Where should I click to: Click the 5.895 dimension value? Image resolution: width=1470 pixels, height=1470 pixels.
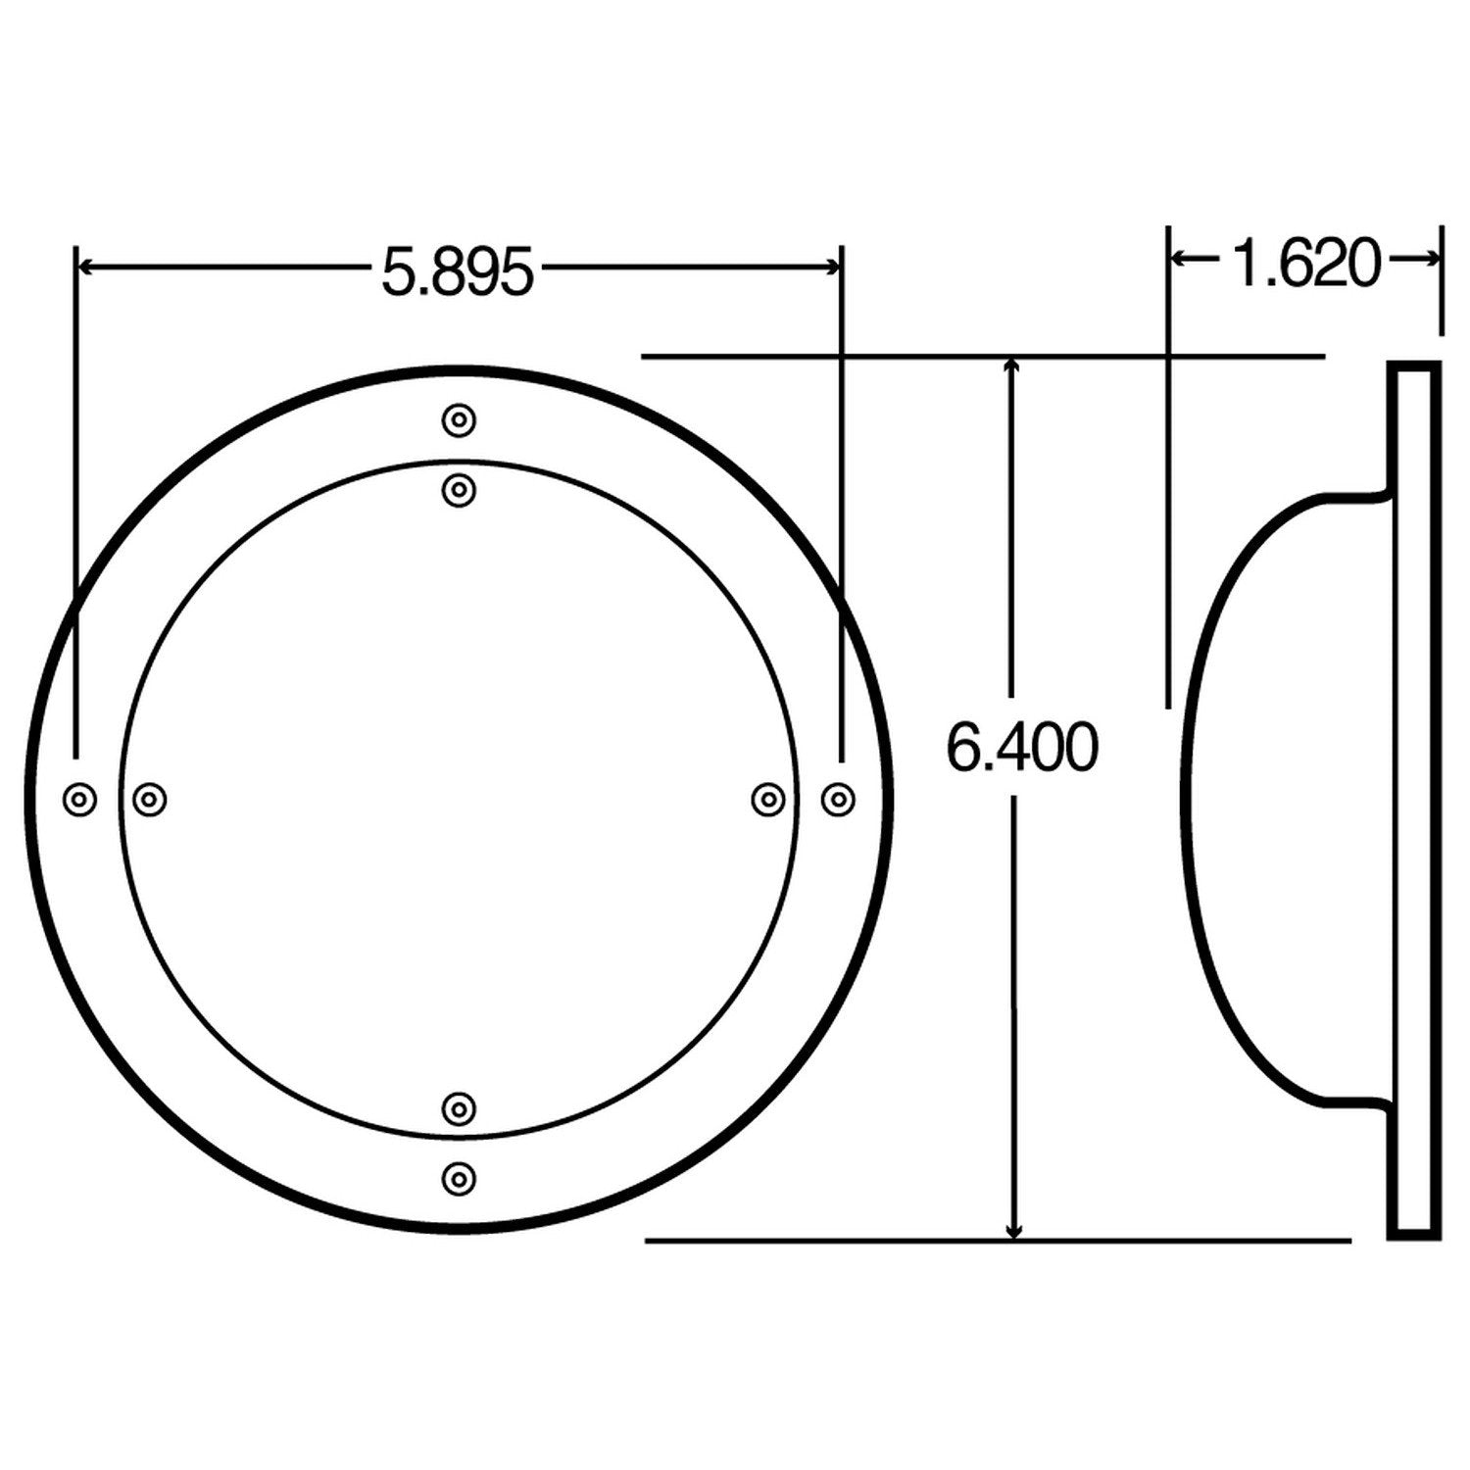coord(458,272)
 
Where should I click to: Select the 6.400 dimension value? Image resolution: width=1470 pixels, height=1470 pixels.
coord(1021,749)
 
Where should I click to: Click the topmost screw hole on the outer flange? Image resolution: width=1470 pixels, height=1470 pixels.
coord(459,421)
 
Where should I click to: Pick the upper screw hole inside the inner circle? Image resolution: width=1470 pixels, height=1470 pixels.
coord(459,489)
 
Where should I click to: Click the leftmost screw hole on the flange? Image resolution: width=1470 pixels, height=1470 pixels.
coord(79,800)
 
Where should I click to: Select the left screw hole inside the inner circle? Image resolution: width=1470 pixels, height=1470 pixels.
coord(149,800)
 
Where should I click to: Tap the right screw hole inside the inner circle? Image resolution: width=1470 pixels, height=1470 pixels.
coord(768,800)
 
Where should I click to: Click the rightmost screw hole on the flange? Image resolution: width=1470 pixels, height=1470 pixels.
coord(837,800)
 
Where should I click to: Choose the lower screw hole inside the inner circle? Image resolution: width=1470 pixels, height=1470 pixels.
coord(459,1108)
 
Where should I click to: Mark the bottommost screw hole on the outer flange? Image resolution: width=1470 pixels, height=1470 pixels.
coord(459,1178)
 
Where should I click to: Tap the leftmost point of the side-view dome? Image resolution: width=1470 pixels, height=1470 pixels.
coord(1184,800)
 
